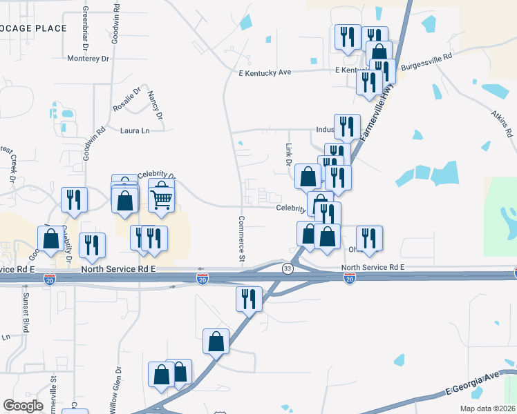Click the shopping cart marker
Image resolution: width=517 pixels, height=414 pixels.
point(161,199)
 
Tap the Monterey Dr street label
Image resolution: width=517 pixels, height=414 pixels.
point(88,59)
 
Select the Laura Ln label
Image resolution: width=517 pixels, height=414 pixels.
point(135,130)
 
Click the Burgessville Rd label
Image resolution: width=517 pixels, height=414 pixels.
point(427,56)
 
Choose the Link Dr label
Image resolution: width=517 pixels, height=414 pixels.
point(288,155)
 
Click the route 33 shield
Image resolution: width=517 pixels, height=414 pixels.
point(288,268)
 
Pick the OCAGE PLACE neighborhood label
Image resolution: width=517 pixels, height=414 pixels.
point(35,28)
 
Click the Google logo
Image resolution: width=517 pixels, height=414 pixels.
point(23,405)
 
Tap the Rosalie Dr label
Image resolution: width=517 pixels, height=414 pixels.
point(127,100)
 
